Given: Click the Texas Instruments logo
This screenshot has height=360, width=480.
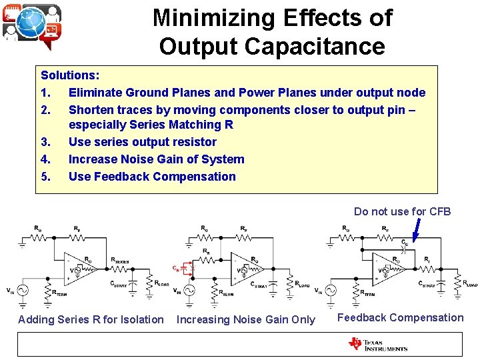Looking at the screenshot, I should pyautogui.click(x=377, y=344).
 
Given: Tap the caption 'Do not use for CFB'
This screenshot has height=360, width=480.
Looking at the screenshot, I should pyautogui.click(x=402, y=211).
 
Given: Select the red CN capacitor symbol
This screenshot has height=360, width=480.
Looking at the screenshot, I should pyautogui.click(x=183, y=269).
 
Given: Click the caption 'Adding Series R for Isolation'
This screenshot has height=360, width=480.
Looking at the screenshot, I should pyautogui.click(x=91, y=319).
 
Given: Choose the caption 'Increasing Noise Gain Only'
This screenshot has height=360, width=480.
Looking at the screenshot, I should pyautogui.click(x=245, y=319).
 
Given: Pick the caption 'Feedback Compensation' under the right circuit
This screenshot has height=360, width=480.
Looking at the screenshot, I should pyautogui.click(x=400, y=317).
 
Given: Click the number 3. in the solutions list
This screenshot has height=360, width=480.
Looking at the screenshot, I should pyautogui.click(x=46, y=142).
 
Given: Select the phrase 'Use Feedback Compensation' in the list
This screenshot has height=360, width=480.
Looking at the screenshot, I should pyautogui.click(x=152, y=177).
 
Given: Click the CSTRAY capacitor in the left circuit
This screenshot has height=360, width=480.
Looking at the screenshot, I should pyautogui.click(x=131, y=283).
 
